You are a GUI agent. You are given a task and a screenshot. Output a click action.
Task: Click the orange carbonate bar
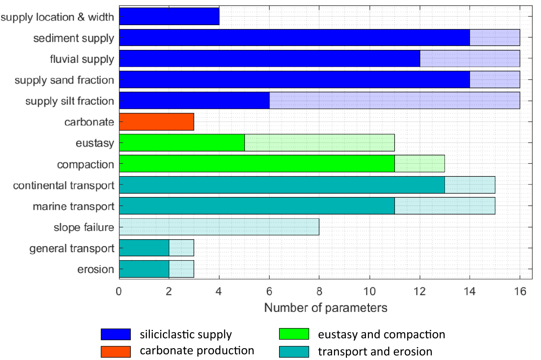pyautogui.click(x=156, y=122)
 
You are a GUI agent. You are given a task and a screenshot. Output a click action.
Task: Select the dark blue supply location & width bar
pyautogui.click(x=169, y=16)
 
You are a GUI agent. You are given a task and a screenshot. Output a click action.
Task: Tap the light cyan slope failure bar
pyautogui.click(x=219, y=227)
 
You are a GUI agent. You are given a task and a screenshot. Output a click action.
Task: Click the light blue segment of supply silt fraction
pyautogui.click(x=394, y=101)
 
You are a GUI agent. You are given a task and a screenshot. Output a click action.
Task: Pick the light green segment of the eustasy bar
pyautogui.click(x=319, y=143)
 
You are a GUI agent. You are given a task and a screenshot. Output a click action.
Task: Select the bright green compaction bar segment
pyautogui.click(x=257, y=164)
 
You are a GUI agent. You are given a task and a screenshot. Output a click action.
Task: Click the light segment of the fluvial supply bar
pyautogui.click(x=470, y=59)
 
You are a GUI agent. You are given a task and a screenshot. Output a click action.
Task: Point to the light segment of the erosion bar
pyautogui.click(x=181, y=269)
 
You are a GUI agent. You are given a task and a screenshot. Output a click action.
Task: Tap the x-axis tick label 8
pyautogui.click(x=319, y=291)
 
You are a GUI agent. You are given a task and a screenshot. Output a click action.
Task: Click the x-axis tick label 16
pyautogui.click(x=520, y=291)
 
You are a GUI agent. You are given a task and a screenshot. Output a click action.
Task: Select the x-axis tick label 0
pyautogui.click(x=119, y=291)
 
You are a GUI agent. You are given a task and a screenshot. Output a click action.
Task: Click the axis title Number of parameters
pyautogui.click(x=326, y=308)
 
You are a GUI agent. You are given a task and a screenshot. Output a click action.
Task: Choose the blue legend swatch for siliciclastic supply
pyautogui.click(x=116, y=334)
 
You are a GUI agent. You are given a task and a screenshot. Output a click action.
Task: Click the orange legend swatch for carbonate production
pyautogui.click(x=116, y=351)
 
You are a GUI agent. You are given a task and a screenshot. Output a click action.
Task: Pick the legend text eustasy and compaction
pyautogui.click(x=381, y=334)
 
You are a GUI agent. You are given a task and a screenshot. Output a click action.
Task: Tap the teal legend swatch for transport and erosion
pyautogui.click(x=294, y=351)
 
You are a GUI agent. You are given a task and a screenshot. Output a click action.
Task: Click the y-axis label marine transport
pyautogui.click(x=73, y=206)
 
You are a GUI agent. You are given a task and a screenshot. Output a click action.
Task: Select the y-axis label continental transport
pyautogui.click(x=63, y=186)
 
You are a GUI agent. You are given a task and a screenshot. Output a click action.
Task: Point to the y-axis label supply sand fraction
pyautogui.click(x=64, y=80)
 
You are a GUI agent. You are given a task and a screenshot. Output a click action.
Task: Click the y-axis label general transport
pyautogui.click(x=72, y=248)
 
